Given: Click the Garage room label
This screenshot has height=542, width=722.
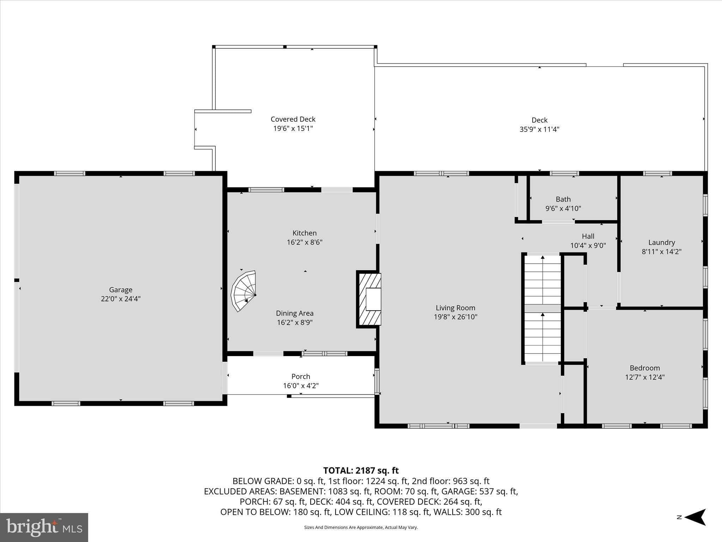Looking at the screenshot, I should (121, 290).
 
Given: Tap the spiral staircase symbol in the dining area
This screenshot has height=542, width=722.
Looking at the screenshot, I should (244, 291).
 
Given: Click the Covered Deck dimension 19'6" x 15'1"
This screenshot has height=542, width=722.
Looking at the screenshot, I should (293, 128).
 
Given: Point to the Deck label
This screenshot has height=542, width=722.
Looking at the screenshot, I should (539, 120).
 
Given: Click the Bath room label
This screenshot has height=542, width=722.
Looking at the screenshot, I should (563, 199).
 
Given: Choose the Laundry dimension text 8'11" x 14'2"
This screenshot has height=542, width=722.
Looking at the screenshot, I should (661, 252).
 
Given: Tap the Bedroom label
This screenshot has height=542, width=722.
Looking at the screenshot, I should (645, 368).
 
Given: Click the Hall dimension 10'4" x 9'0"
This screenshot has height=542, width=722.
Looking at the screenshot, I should (588, 246).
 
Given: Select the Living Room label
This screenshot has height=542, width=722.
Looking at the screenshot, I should (455, 308).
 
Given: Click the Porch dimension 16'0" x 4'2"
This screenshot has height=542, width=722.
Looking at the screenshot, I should (301, 386).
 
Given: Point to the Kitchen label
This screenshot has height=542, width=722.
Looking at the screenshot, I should (305, 233).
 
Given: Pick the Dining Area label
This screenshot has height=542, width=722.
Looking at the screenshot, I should (295, 313).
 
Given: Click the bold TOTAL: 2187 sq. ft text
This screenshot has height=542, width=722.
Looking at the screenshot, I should (361, 470).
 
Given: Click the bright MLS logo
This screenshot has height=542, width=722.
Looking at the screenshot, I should (44, 527).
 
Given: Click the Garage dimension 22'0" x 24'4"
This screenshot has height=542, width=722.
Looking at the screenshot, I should (121, 299).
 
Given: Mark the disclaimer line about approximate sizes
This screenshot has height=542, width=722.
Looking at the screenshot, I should (361, 528).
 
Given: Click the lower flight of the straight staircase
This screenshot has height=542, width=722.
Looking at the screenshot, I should (543, 337).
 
